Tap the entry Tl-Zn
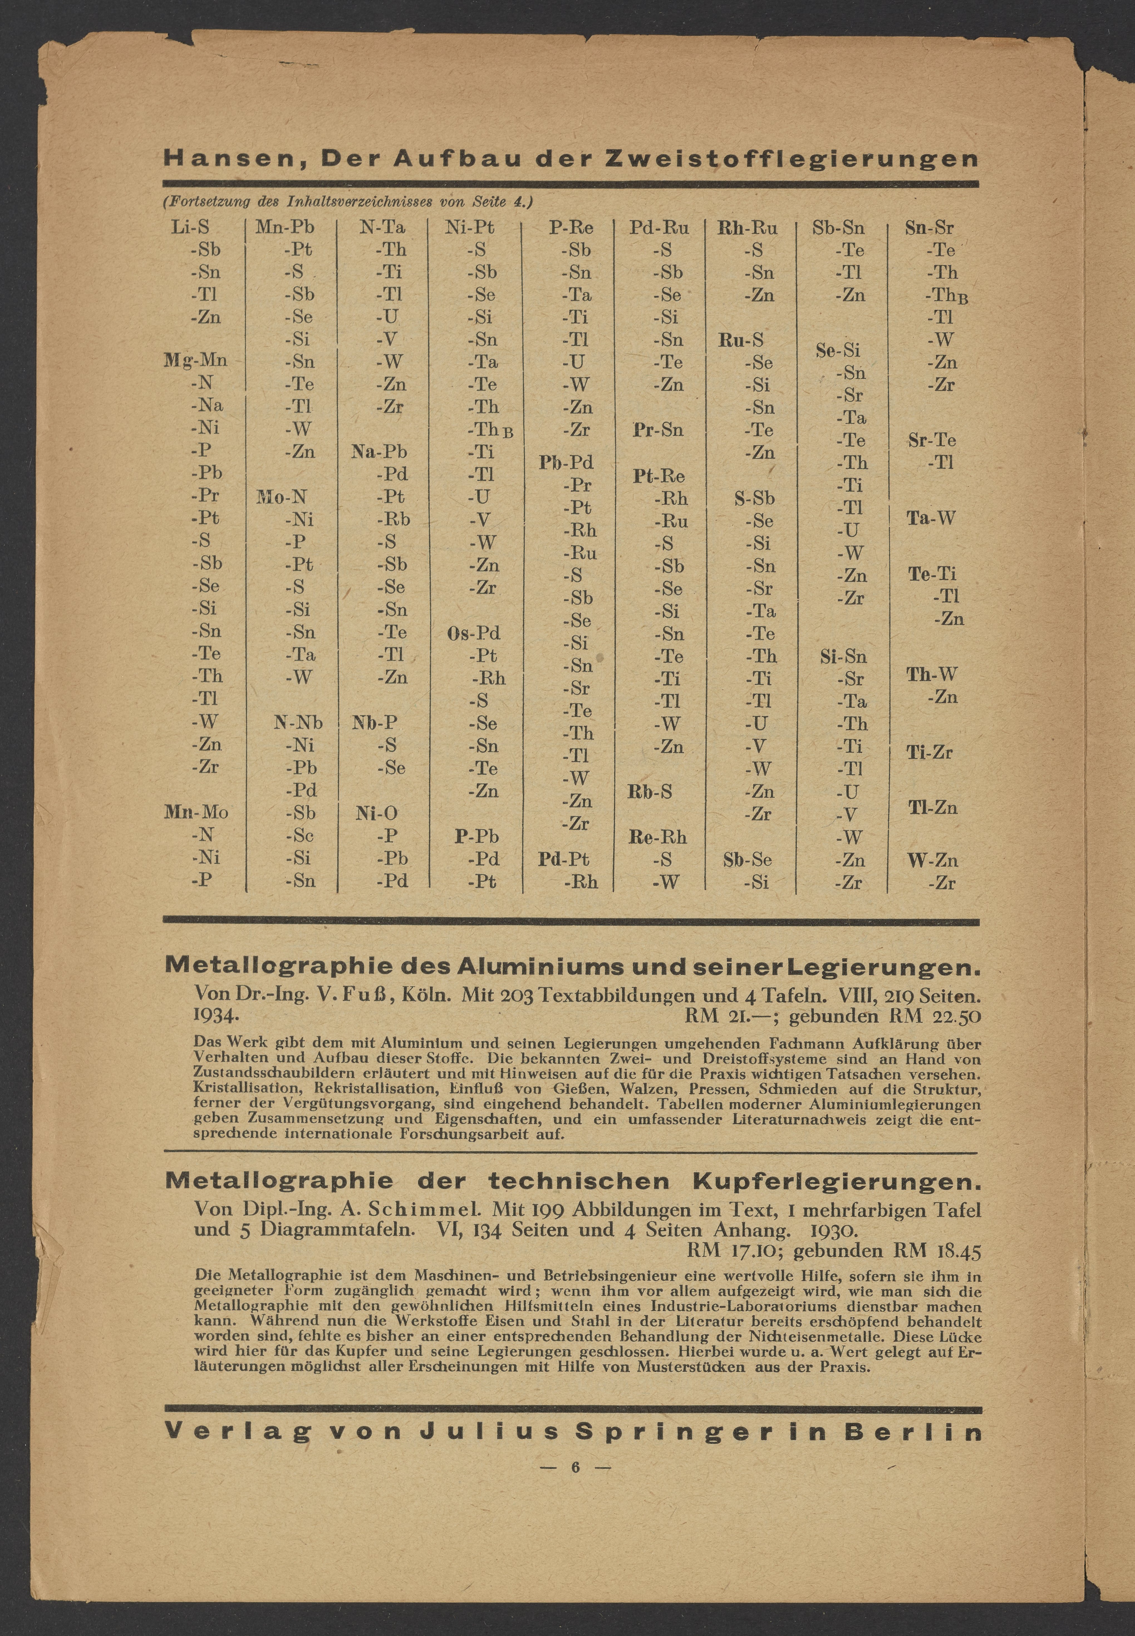[932, 808]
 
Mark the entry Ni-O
[377, 813]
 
